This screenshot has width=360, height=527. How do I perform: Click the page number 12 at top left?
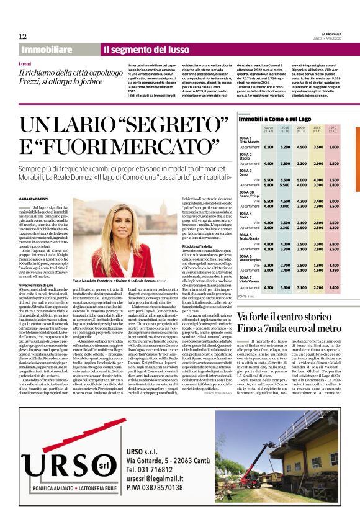22,36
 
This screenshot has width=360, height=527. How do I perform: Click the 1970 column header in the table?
333,130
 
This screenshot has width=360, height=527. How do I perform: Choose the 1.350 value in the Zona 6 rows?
333,269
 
